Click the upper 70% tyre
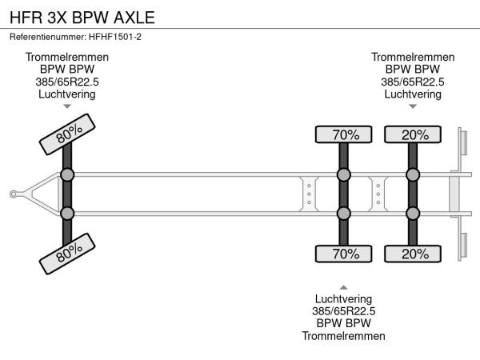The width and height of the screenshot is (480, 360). click(x=344, y=134)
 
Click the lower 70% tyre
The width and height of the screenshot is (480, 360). click(x=344, y=254)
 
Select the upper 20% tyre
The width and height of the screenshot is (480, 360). click(x=413, y=134)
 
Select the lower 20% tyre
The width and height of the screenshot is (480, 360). click(x=413, y=254)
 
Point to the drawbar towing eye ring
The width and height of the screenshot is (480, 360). click(x=14, y=194)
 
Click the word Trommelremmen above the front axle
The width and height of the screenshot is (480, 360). click(x=67, y=58)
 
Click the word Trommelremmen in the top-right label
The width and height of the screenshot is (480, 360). click(x=413, y=58)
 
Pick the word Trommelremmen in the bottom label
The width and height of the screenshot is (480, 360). click(x=344, y=336)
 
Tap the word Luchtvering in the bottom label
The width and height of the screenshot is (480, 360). click(x=344, y=299)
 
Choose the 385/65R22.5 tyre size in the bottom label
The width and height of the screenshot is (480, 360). click(x=344, y=311)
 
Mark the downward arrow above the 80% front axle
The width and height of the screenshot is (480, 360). click(x=67, y=106)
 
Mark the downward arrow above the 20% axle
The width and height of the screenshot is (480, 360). click(x=413, y=106)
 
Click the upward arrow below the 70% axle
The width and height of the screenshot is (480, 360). click(x=344, y=286)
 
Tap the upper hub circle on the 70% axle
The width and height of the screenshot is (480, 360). click(x=344, y=174)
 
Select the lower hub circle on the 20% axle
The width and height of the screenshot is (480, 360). click(x=413, y=213)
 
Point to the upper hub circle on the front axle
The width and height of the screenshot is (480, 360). click(x=67, y=174)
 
